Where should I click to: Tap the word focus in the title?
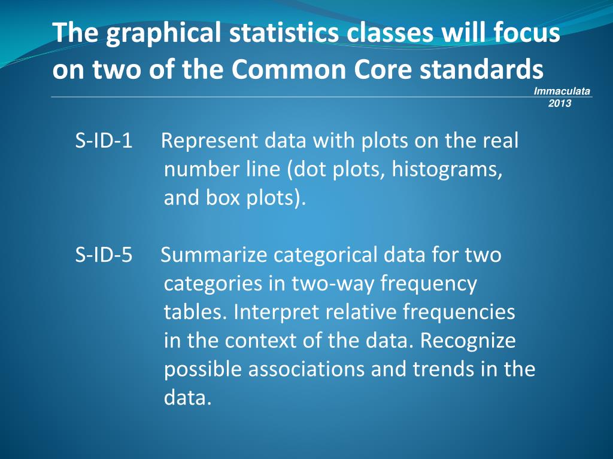[x=527, y=33]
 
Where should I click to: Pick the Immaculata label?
[x=562, y=91]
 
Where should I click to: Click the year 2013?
[x=560, y=103]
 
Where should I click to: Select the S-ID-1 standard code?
[x=104, y=141]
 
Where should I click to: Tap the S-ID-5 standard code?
[x=104, y=255]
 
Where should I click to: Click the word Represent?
[x=208, y=141]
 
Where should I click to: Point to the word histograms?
[x=447, y=170]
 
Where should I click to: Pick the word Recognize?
[x=468, y=341]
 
